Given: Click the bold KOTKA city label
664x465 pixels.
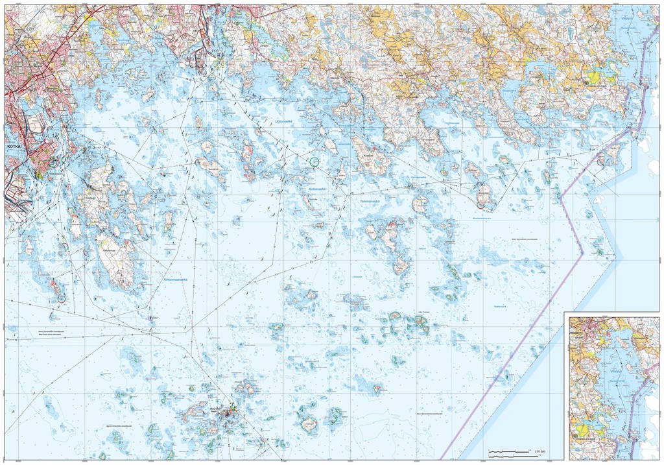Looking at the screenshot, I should [x=14, y=147].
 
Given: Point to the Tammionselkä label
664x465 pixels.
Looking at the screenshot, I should [x=373, y=202].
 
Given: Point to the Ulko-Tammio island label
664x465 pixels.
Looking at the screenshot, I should [x=425, y=313].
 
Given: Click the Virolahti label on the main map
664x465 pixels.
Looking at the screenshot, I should [x=627, y=19].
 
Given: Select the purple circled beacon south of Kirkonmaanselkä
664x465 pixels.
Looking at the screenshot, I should [x=150, y=318].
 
